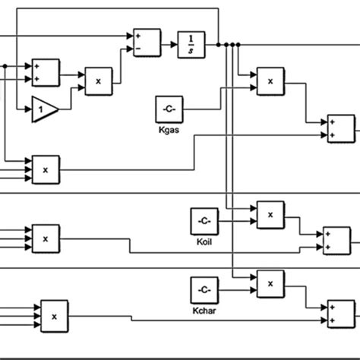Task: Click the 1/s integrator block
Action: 191,44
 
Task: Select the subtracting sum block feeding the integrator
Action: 147,43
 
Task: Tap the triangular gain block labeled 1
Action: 45,109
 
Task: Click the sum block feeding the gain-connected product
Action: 46,73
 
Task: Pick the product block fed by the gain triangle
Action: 98,81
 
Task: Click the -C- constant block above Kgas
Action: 169,109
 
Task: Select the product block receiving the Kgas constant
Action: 270,80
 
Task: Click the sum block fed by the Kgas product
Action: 341,128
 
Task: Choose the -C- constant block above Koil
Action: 203,221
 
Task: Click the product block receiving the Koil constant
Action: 270,215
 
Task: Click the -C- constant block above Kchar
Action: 203,290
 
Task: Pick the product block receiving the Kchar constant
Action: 270,283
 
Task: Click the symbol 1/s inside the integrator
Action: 191,44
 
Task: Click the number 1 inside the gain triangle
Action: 42,109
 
